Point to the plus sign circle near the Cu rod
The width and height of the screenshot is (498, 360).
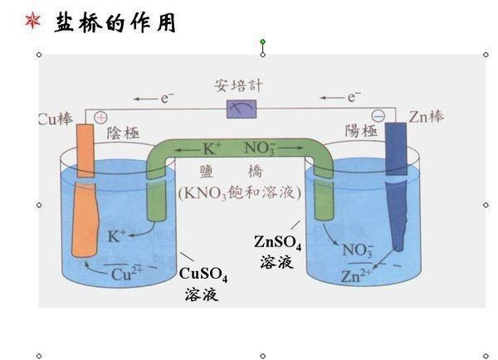[x=101, y=117]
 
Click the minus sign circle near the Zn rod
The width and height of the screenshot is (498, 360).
[x=378, y=116]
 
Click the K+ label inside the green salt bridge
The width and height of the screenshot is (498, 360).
[x=212, y=149]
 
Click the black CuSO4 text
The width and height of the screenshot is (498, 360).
[x=203, y=274]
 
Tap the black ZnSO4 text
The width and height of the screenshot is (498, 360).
[x=277, y=243]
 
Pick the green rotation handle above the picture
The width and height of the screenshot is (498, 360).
[x=263, y=41]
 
